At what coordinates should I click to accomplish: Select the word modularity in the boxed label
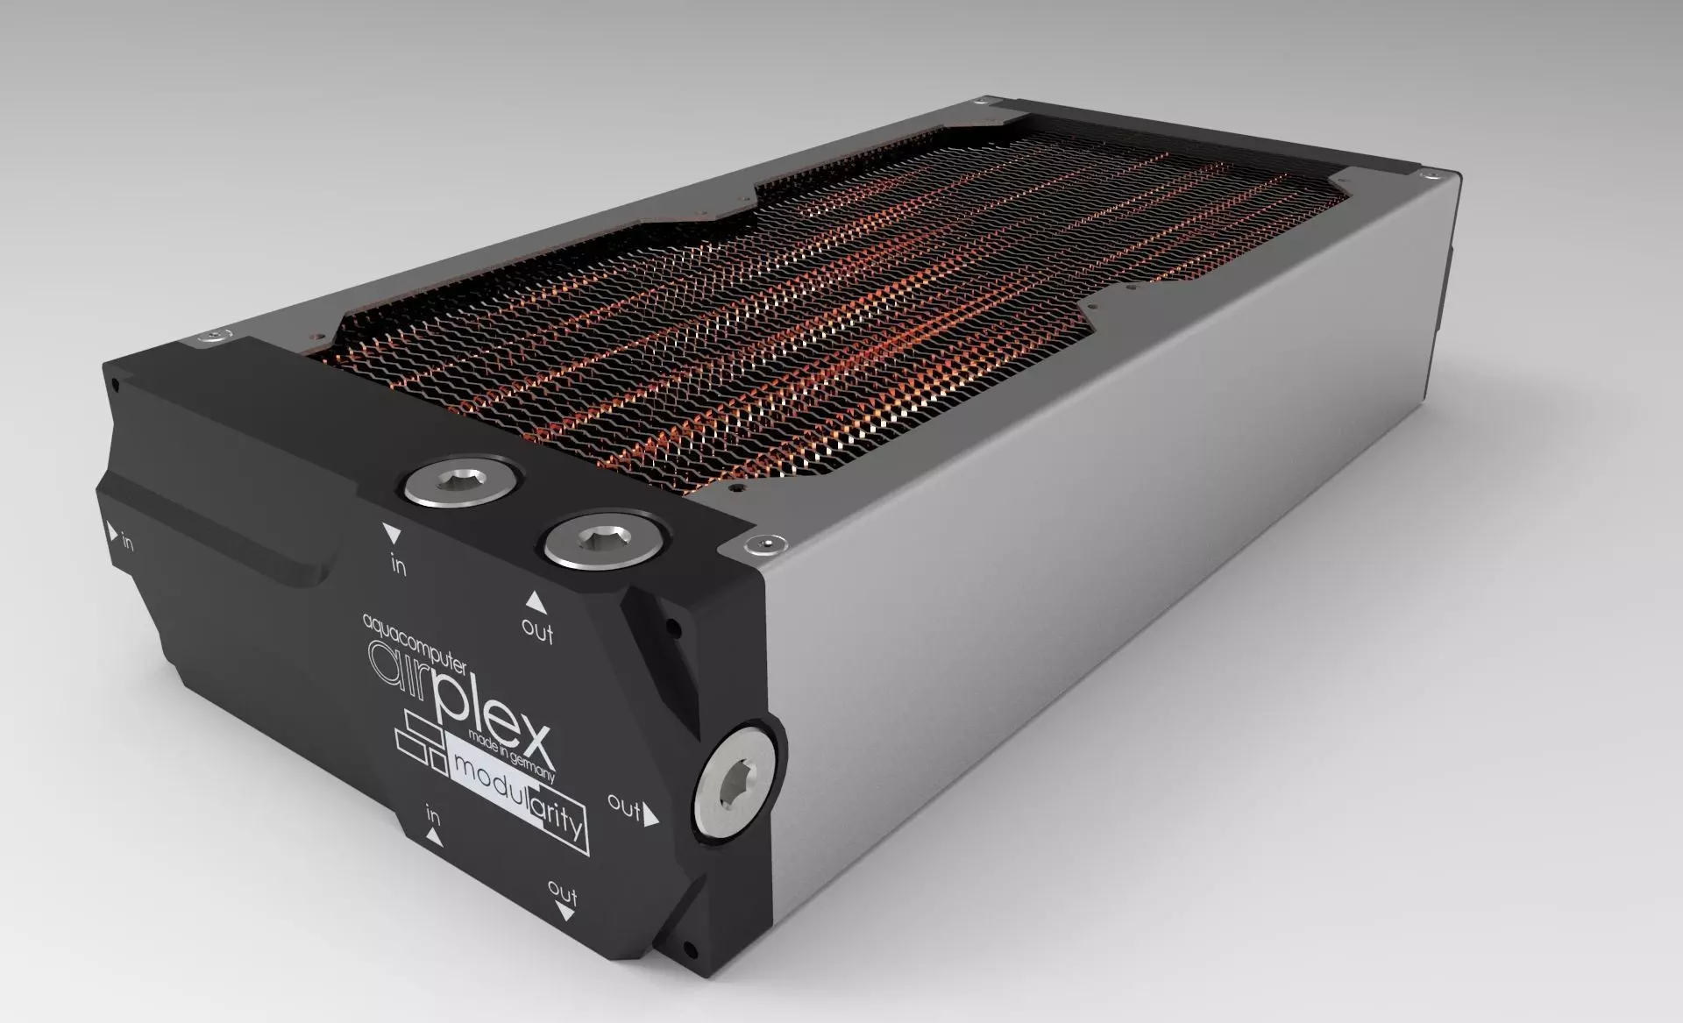(x=517, y=790)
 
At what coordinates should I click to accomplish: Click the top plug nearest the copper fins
(x=458, y=484)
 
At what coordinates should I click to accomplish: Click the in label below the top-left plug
(x=398, y=566)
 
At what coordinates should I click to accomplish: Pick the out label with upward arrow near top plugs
(x=537, y=629)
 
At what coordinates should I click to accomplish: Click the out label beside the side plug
(x=624, y=807)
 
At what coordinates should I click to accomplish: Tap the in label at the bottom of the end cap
(x=433, y=815)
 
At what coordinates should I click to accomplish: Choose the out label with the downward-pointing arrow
(x=563, y=893)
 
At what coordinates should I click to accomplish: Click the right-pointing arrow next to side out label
(x=651, y=817)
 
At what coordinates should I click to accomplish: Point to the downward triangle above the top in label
(x=391, y=534)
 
